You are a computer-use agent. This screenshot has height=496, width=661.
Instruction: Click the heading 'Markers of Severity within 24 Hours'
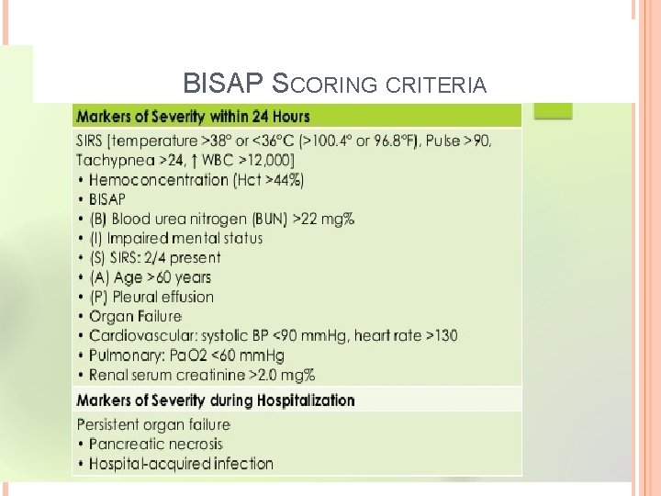click(193, 117)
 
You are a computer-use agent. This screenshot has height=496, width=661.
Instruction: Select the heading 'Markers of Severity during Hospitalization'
click(215, 400)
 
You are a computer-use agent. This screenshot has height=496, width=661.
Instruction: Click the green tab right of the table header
click(553, 112)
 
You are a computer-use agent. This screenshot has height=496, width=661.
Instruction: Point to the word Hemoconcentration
click(159, 179)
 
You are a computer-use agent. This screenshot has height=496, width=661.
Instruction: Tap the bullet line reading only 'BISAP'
click(107, 198)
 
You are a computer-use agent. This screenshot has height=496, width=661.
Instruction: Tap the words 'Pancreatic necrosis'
click(156, 444)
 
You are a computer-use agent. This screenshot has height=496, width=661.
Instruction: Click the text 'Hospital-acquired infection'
click(181, 464)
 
